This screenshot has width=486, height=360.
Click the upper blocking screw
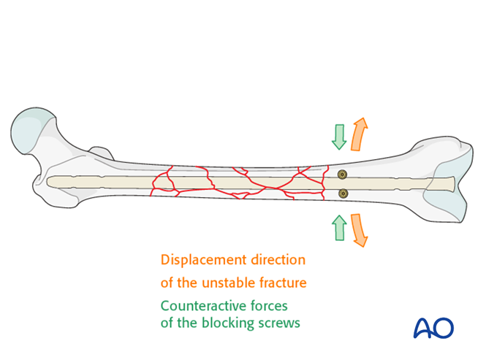342,175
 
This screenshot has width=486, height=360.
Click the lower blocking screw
343,194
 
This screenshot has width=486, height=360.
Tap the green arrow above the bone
338,136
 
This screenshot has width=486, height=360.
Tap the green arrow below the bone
338,228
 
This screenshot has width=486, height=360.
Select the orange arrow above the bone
359,133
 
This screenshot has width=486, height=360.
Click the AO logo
434,327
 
